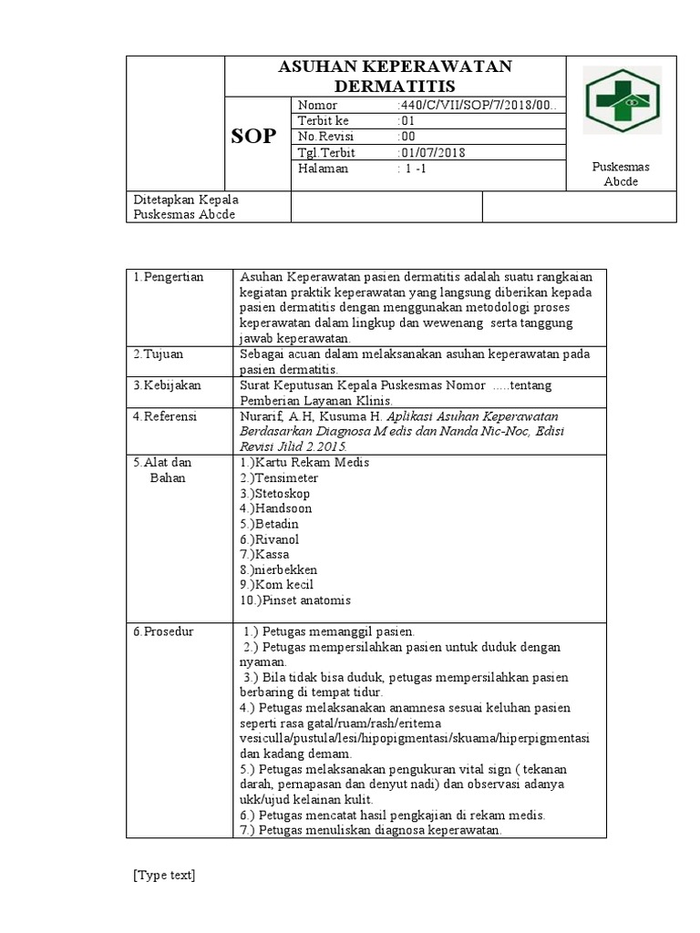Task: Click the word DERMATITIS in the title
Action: (x=395, y=86)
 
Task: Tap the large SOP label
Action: (x=254, y=137)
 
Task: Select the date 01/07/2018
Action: (x=433, y=152)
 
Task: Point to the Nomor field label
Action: (x=318, y=106)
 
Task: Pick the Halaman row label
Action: (x=324, y=169)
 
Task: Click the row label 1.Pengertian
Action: (x=169, y=277)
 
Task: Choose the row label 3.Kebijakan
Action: (x=169, y=385)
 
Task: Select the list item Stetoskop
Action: (x=283, y=494)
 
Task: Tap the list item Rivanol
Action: (x=277, y=539)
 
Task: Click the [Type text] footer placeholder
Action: (x=164, y=876)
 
